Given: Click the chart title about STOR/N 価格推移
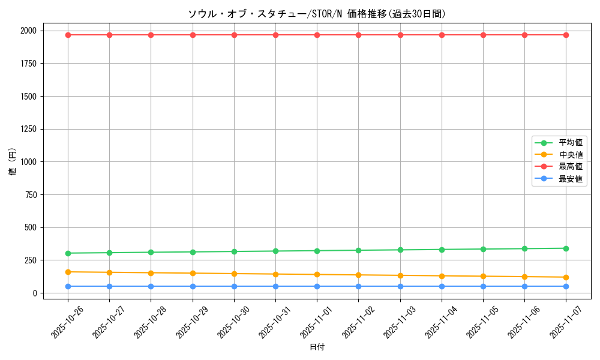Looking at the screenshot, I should click(317, 14).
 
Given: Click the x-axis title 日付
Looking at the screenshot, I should click(317, 347).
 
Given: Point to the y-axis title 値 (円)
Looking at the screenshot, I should click(13, 162).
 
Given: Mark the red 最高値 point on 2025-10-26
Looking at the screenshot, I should click(68, 35).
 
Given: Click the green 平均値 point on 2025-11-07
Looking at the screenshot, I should click(566, 248).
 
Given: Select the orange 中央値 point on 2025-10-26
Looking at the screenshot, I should click(68, 272).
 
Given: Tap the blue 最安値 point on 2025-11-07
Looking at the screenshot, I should click(566, 286).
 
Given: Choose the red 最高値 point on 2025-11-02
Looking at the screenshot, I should click(358, 35).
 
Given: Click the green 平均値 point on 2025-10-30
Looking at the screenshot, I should click(234, 251).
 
